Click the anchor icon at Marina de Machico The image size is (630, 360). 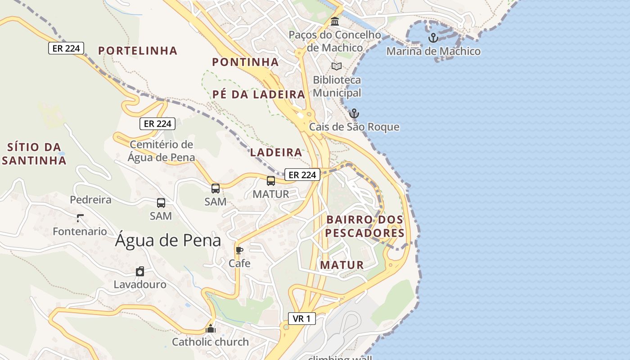pos(433,38)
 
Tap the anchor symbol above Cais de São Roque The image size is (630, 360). pos(355,113)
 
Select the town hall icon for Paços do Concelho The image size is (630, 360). pos(335,21)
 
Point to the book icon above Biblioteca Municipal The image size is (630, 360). pos(337,66)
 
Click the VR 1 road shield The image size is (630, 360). pos(301,319)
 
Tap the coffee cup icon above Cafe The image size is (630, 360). pos(239,250)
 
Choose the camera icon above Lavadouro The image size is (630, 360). pos(140,271)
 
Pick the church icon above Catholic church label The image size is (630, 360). pos(211,329)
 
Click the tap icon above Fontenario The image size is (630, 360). pos(80,218)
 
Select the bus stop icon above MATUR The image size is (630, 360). pos(271,181)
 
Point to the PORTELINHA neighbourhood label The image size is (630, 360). pos(138,51)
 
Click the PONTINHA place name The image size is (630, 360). pos(245,62)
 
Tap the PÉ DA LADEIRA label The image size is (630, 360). pos(259,94)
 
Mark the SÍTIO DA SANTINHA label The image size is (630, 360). pos(34,153)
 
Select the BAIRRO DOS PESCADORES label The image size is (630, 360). pos(365,226)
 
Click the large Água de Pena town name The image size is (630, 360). pos(168,240)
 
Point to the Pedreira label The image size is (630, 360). pos(90,199)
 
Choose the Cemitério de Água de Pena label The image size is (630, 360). pos(161,151)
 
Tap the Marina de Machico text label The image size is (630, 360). pos(433,51)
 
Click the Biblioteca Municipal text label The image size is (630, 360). pos(337,86)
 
